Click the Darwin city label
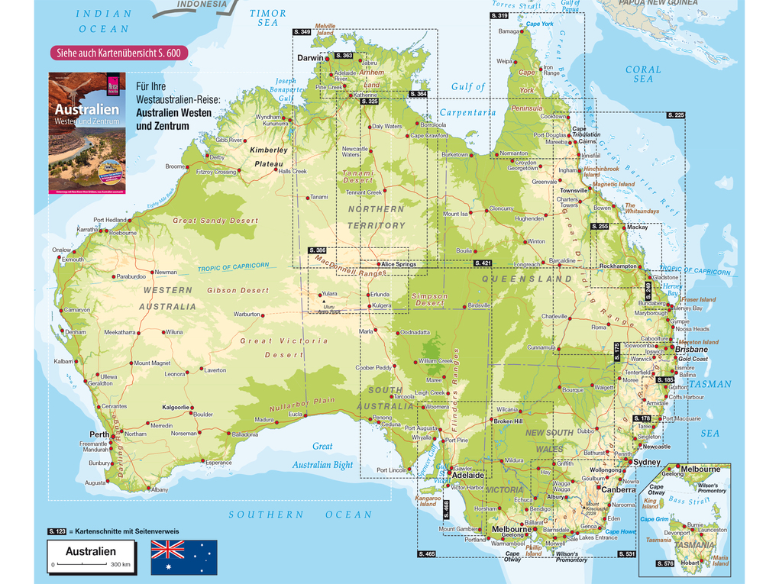point(310,58)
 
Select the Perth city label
point(99,434)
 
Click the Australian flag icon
point(183,557)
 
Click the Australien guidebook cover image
point(86,132)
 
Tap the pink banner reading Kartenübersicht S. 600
point(118,53)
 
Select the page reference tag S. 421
point(482,263)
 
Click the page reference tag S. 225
point(676,115)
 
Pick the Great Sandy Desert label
point(215,221)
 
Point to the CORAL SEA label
point(643,74)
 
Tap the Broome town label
point(175,166)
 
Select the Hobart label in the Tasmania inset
point(690,563)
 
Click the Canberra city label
point(617,489)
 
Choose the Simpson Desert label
point(428,299)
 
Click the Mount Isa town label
point(456,214)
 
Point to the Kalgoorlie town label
point(176,407)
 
